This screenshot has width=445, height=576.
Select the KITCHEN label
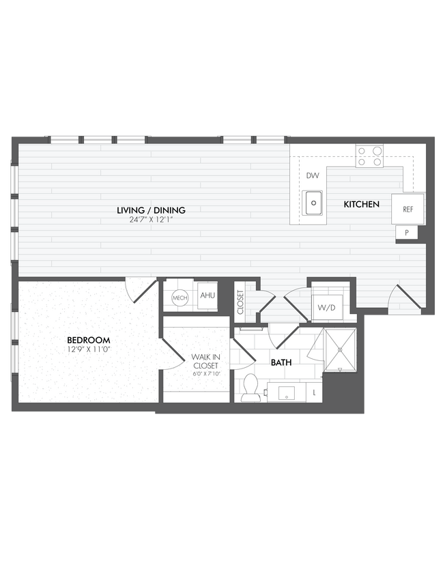(x=361, y=204)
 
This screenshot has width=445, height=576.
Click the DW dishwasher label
(x=313, y=175)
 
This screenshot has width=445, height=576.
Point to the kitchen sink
(x=313, y=202)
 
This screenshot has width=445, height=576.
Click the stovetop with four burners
(x=369, y=156)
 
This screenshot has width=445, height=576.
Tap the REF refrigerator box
(x=407, y=209)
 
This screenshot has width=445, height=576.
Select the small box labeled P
(x=407, y=233)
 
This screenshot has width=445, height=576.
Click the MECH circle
(x=180, y=298)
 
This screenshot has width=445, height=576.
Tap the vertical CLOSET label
(x=240, y=302)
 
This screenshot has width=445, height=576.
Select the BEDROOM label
(x=88, y=340)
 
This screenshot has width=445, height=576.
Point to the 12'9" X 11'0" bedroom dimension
(x=88, y=349)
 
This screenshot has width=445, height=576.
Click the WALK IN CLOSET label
(x=205, y=361)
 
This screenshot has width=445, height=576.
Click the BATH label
(x=281, y=362)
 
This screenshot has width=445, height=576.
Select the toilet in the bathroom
(x=250, y=389)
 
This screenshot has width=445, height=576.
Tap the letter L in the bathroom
(x=314, y=393)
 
